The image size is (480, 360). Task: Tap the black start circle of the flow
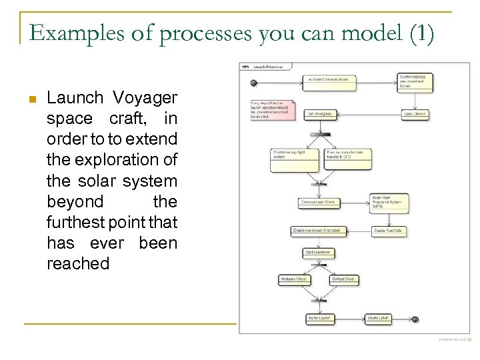[254, 83]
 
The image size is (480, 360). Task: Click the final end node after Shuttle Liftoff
[415, 319]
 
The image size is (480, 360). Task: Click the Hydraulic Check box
[295, 279]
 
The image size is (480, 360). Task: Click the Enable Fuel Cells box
[389, 231]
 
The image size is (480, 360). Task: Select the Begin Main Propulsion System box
[389, 202]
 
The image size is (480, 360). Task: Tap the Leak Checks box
[415, 114]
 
